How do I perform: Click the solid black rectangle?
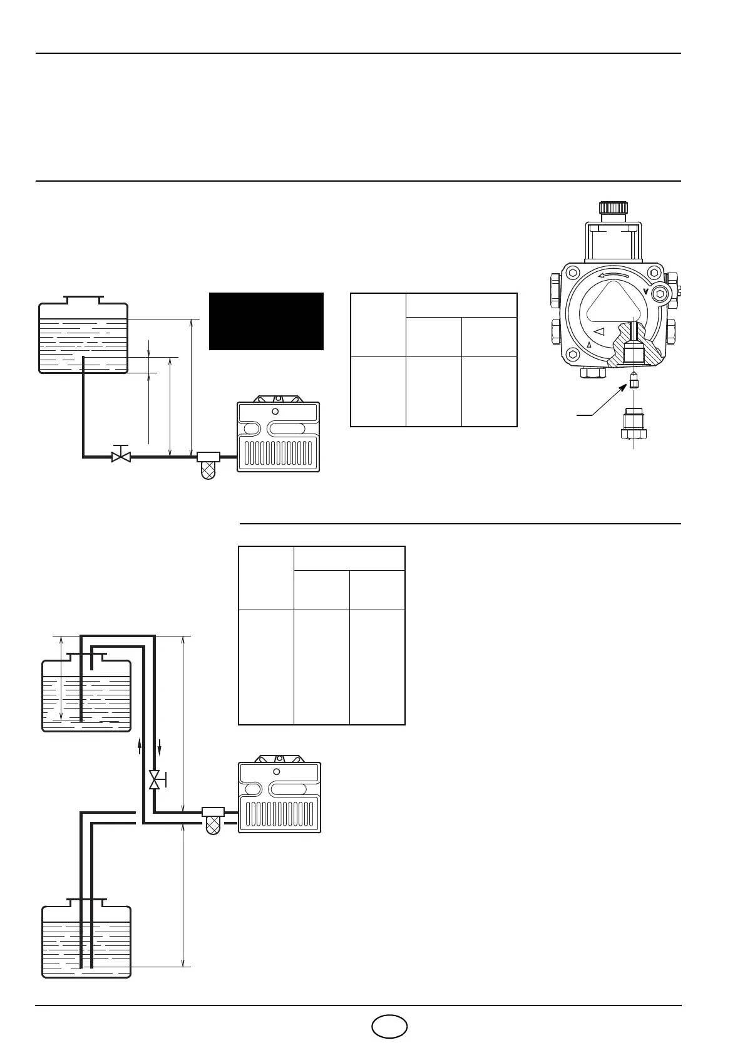pyautogui.click(x=266, y=321)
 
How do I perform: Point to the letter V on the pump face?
pyautogui.click(x=645, y=291)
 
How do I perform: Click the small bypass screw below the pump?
pyautogui.click(x=634, y=381)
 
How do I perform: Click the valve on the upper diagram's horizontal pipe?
pyautogui.click(x=120, y=455)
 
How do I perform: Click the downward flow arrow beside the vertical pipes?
pyautogui.click(x=160, y=747)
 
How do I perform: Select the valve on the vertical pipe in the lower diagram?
pyautogui.click(x=155, y=780)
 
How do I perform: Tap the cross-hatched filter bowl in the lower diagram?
pyautogui.click(x=213, y=826)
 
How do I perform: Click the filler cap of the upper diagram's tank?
pyautogui.click(x=83, y=299)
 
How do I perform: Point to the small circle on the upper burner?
pyautogui.click(x=275, y=412)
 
